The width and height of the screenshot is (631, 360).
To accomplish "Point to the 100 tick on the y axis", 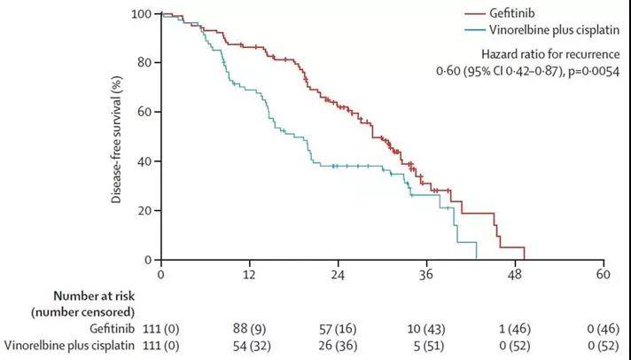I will [142, 14].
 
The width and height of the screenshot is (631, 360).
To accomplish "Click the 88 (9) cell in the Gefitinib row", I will [249, 327].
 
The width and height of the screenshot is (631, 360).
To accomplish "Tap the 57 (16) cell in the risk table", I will [338, 327].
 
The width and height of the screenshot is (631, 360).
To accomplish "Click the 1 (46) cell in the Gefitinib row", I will [515, 327].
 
